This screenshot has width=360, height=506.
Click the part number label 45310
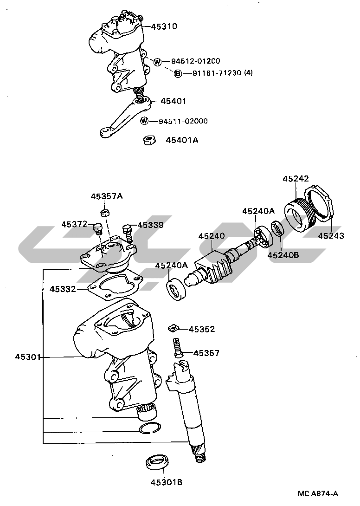(x=164, y=26)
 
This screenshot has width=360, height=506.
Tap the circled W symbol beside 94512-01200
(x=157, y=61)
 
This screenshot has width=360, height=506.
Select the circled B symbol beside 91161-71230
(x=178, y=73)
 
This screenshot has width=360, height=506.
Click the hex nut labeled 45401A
(x=149, y=141)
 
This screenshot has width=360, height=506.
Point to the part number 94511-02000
(x=183, y=121)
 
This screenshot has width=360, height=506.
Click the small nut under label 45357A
(x=105, y=212)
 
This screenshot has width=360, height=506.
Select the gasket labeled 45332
(x=116, y=285)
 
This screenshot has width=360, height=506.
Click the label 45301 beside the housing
(x=27, y=357)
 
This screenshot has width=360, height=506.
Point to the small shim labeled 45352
(x=173, y=329)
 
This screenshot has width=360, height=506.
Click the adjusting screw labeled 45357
(x=178, y=348)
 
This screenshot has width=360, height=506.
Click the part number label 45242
(x=296, y=179)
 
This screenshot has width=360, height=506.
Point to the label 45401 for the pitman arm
(x=174, y=101)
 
